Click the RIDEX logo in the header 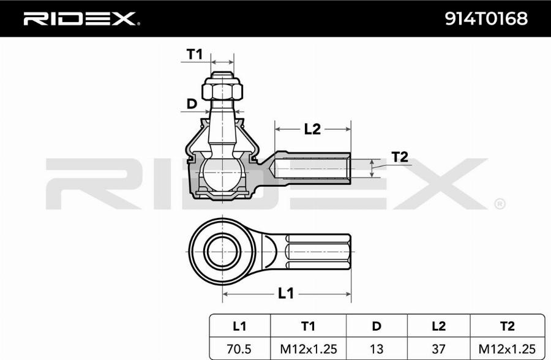[80, 19]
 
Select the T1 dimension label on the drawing [194, 54]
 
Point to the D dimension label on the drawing [192, 104]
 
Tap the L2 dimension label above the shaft [312, 129]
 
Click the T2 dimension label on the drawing [400, 157]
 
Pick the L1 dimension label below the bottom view [285, 293]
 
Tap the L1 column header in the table [239, 326]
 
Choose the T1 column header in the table [308, 326]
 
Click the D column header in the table [377, 326]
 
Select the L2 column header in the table [438, 326]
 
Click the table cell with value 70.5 [239, 348]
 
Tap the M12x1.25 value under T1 [308, 348]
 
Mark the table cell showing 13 [377, 348]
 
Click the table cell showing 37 [438, 348]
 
